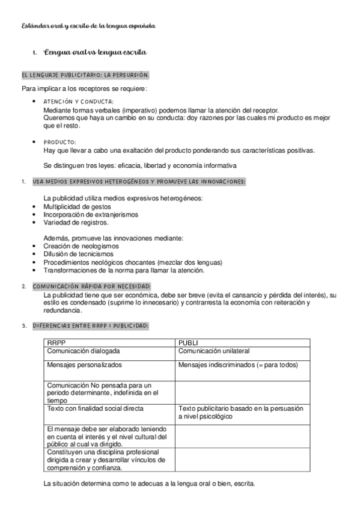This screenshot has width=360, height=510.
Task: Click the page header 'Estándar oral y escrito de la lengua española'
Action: click(x=88, y=26)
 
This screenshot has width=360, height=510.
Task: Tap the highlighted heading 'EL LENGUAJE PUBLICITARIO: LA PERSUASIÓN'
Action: click(x=85, y=75)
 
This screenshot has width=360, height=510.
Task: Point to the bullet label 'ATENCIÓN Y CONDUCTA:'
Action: click(x=79, y=102)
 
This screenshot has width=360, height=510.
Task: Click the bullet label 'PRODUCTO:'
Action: click(x=60, y=142)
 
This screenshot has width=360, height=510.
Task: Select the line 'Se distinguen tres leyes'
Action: click(x=140, y=165)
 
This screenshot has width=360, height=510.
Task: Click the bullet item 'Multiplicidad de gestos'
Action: click(x=77, y=206)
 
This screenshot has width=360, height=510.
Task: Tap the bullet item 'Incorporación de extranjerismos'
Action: click(x=90, y=214)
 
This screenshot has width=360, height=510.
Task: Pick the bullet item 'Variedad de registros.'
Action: click(x=76, y=222)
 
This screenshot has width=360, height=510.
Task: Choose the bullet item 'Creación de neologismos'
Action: click(x=81, y=246)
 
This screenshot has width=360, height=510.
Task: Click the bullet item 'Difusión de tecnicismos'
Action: click(x=78, y=254)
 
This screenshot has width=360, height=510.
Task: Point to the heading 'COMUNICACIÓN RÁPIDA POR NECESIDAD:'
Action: click(x=91, y=286)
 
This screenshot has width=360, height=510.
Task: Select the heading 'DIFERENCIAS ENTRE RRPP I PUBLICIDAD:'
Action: click(x=91, y=326)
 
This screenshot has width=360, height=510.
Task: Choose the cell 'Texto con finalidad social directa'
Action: click(x=95, y=408)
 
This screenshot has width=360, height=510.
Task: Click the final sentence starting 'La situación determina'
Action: click(x=149, y=483)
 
